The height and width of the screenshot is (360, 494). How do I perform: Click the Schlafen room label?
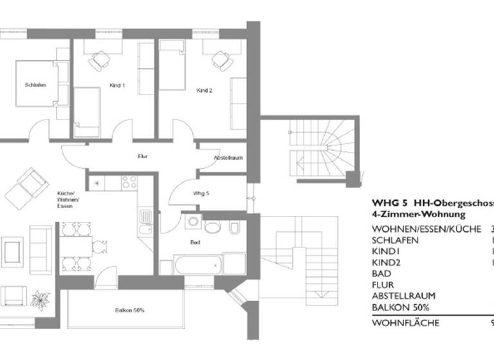point(35,85)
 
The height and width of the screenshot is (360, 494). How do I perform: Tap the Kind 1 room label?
point(118,85)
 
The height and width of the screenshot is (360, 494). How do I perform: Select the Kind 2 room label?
point(204,91)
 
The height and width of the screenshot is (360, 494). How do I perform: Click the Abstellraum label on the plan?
point(228,157)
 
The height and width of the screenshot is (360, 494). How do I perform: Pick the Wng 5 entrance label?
point(201,193)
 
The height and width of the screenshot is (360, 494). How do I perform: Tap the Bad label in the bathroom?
point(194,244)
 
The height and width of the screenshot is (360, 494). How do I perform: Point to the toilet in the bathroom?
point(234,227)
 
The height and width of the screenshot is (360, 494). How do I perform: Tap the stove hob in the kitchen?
point(129,183)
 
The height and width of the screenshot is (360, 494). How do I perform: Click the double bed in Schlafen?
point(39,84)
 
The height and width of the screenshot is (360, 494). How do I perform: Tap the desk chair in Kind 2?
point(222,62)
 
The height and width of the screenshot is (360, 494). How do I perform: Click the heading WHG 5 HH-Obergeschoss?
point(432,203)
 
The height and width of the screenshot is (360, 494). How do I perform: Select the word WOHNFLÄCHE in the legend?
point(405,323)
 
